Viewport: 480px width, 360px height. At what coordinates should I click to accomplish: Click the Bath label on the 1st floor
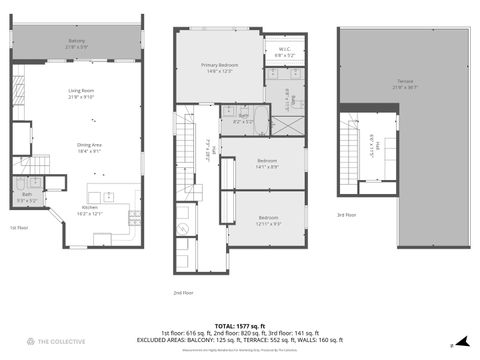click(x=27, y=197)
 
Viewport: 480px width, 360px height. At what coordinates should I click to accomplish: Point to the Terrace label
click(x=404, y=84)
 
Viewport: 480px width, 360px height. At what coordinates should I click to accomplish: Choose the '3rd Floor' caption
click(x=347, y=214)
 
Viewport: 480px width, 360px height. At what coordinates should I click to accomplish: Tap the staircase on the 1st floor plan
click(x=38, y=165)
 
